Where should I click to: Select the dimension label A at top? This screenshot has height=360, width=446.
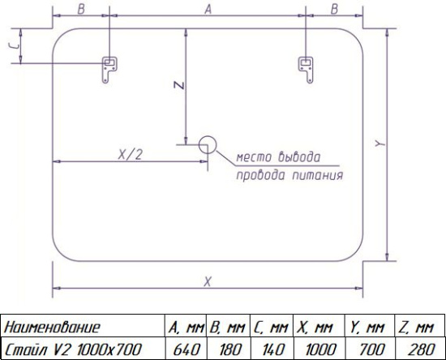pyautogui.click(x=208, y=9)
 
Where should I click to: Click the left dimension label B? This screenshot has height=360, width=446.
pyautogui.click(x=81, y=9)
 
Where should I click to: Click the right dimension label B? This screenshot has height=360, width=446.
pyautogui.click(x=334, y=9)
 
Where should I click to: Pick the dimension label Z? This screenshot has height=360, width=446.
pyautogui.click(x=179, y=85)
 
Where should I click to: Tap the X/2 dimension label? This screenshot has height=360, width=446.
pyautogui.click(x=130, y=155)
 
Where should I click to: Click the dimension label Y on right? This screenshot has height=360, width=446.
pyautogui.click(x=380, y=144)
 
